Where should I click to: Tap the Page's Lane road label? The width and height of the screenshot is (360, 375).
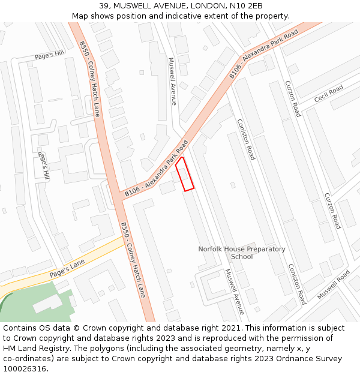coord(67,266)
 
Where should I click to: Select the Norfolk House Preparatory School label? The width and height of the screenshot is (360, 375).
coord(242,253)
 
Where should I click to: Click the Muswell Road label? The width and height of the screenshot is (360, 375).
coord(333,286)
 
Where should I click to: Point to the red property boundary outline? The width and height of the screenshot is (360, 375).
coord(185,174)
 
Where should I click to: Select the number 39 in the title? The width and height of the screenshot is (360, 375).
coord(104,5)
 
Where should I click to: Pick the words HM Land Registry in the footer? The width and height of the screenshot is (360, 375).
coord(36,348)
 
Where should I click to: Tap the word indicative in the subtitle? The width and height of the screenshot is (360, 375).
coord(204,16)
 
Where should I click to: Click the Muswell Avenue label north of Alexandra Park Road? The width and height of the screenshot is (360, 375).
coord(172,81)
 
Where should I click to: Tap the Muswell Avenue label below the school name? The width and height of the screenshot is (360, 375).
coord(235,292)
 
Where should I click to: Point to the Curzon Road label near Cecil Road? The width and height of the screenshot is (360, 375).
coord(293,98)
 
